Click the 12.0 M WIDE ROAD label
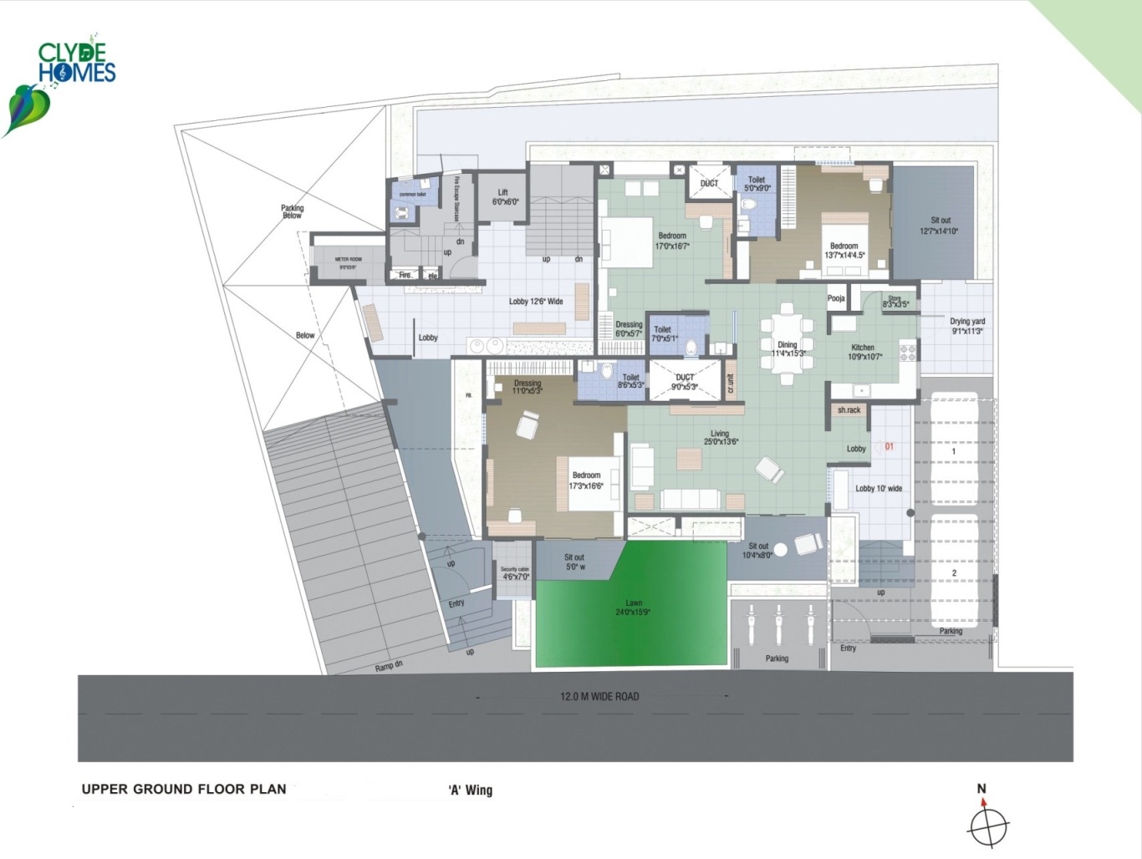tap(599, 696)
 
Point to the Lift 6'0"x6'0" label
tap(503, 197)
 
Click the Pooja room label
tap(836, 298)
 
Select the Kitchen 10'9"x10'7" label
tap(863, 352)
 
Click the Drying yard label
tap(967, 326)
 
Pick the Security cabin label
tap(515, 572)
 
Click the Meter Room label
tap(348, 262)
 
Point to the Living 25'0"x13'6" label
tap(720, 437)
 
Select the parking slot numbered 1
tap(953, 452)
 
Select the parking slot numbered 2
tap(954, 573)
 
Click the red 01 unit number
tap(889, 446)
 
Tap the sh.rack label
tap(849, 410)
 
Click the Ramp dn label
tap(388, 666)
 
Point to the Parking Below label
tap(292, 211)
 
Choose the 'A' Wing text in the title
tap(471, 790)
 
